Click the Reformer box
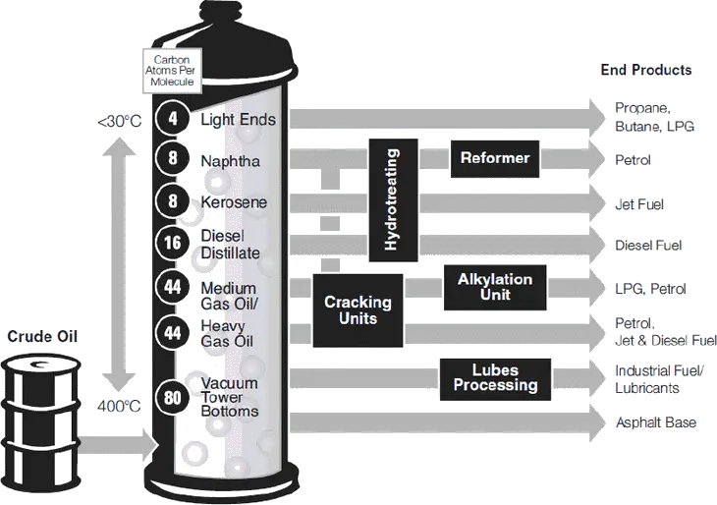pyautogui.click(x=495, y=159)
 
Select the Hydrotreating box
pyautogui.click(x=393, y=199)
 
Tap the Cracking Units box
pyautogui.click(x=358, y=310)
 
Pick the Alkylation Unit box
pyautogui.click(x=495, y=287)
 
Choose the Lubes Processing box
pyautogui.click(x=495, y=379)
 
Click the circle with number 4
pyautogui.click(x=173, y=119)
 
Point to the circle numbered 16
pyautogui.click(x=173, y=243)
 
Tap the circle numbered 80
pyautogui.click(x=173, y=398)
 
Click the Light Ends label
pyautogui.click(x=239, y=120)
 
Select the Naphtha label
pyautogui.click(x=231, y=161)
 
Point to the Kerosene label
pyautogui.click(x=234, y=202)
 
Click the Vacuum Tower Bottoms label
pyautogui.click(x=230, y=397)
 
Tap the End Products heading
pyautogui.click(x=646, y=70)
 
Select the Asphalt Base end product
pyautogui.click(x=656, y=422)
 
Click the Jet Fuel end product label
pyautogui.click(x=639, y=204)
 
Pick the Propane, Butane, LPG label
pyautogui.click(x=655, y=117)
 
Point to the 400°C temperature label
pyautogui.click(x=119, y=406)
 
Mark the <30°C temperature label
pyautogui.click(x=120, y=122)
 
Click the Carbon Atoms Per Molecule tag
pyautogui.click(x=172, y=71)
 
